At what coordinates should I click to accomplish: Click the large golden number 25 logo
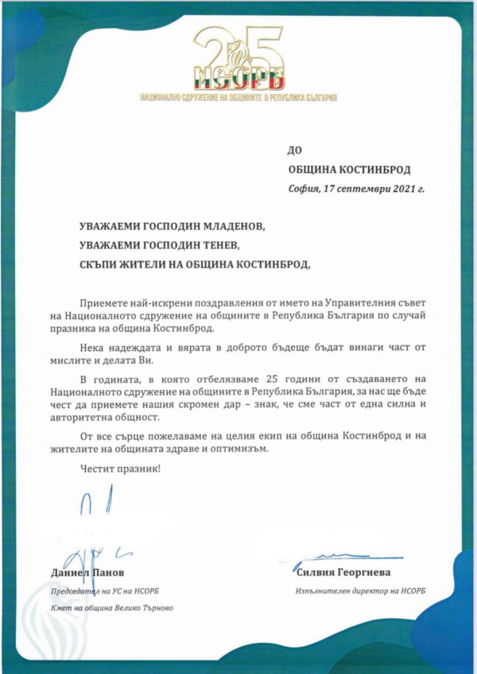click(238, 52)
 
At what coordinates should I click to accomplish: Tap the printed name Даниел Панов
click(87, 572)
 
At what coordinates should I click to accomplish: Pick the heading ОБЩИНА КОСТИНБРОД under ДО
click(349, 169)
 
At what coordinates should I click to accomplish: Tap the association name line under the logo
click(238, 97)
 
